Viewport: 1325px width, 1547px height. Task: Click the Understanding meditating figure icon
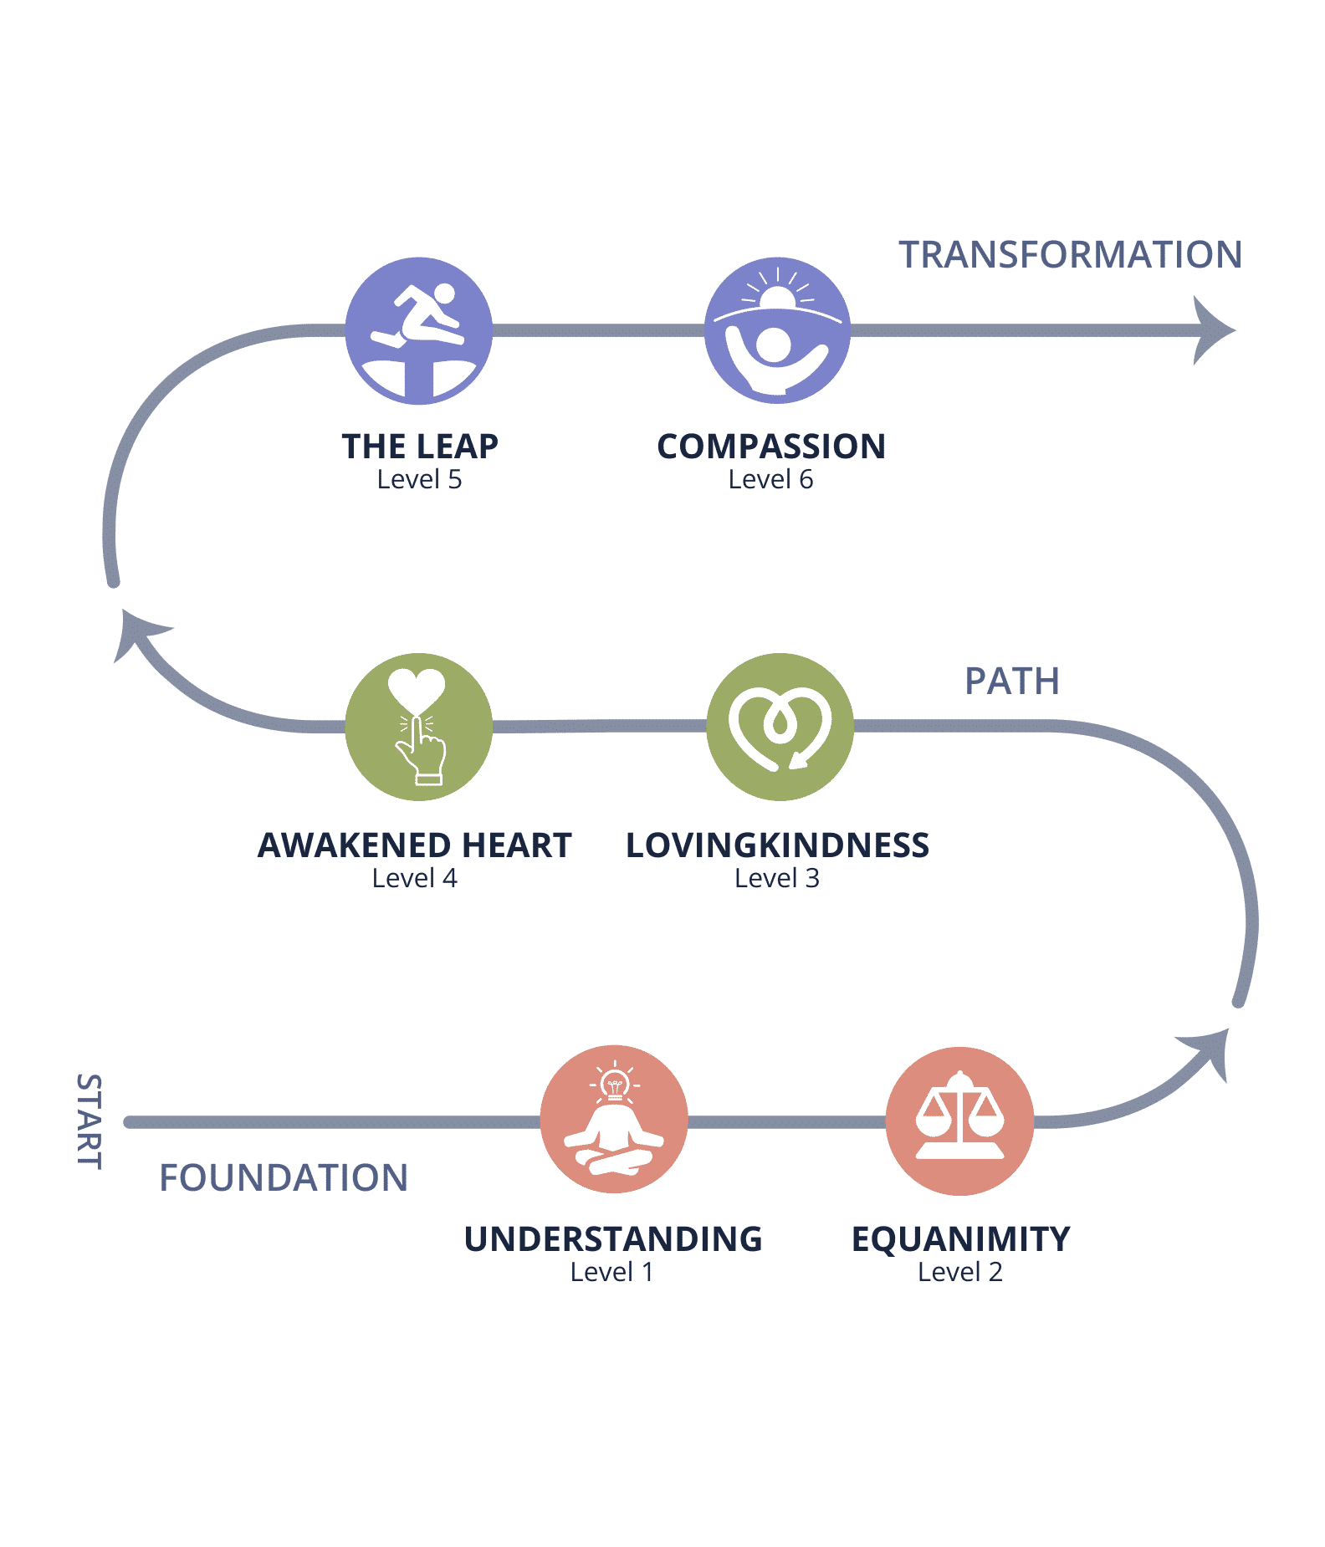pyautogui.click(x=614, y=1119)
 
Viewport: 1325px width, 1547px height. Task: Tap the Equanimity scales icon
pyautogui.click(x=959, y=1121)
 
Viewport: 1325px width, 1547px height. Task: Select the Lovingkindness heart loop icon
pyautogui.click(x=780, y=727)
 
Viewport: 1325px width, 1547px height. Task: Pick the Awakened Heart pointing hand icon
pyautogui.click(x=418, y=727)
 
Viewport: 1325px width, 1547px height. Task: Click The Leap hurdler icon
pyautogui.click(x=418, y=331)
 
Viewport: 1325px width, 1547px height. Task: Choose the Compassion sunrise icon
pyautogui.click(x=777, y=331)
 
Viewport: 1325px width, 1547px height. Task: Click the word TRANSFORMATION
pyautogui.click(x=1070, y=255)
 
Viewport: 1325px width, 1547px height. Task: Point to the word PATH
pyautogui.click(x=1012, y=682)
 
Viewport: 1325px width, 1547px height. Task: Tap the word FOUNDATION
pyautogui.click(x=284, y=1178)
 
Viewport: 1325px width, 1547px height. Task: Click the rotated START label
pyautogui.click(x=89, y=1121)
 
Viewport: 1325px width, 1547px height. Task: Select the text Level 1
pyautogui.click(x=611, y=1272)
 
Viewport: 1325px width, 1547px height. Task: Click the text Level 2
pyautogui.click(x=959, y=1272)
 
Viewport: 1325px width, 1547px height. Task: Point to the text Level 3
pyautogui.click(x=776, y=878)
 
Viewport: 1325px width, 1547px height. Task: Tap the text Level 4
pyautogui.click(x=414, y=878)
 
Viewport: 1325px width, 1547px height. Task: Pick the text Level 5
pyautogui.click(x=419, y=479)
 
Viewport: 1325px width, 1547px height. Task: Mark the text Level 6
pyautogui.click(x=770, y=479)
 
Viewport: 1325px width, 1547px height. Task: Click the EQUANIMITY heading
pyautogui.click(x=960, y=1239)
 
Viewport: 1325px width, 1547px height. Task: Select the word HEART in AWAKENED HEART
pyautogui.click(x=517, y=845)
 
